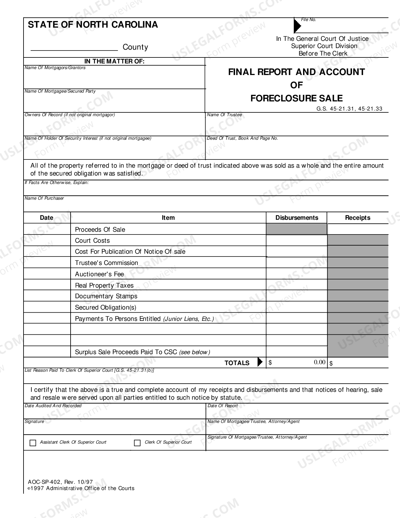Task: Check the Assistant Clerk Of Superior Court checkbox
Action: click(33, 443)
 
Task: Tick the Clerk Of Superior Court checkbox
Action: click(137, 443)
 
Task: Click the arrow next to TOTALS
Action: click(260, 362)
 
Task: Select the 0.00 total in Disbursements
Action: click(319, 362)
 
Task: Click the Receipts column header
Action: click(357, 218)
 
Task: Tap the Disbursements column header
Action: click(296, 218)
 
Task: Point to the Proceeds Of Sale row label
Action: click(100, 229)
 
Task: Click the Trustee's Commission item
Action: click(106, 263)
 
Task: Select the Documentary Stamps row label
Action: click(106, 296)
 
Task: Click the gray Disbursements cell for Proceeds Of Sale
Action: click(296, 229)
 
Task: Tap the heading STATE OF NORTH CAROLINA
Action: click(93, 25)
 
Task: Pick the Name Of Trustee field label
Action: click(224, 115)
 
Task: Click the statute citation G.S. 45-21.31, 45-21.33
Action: click(349, 109)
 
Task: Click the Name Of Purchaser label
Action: click(44, 198)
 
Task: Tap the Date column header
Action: click(46, 218)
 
